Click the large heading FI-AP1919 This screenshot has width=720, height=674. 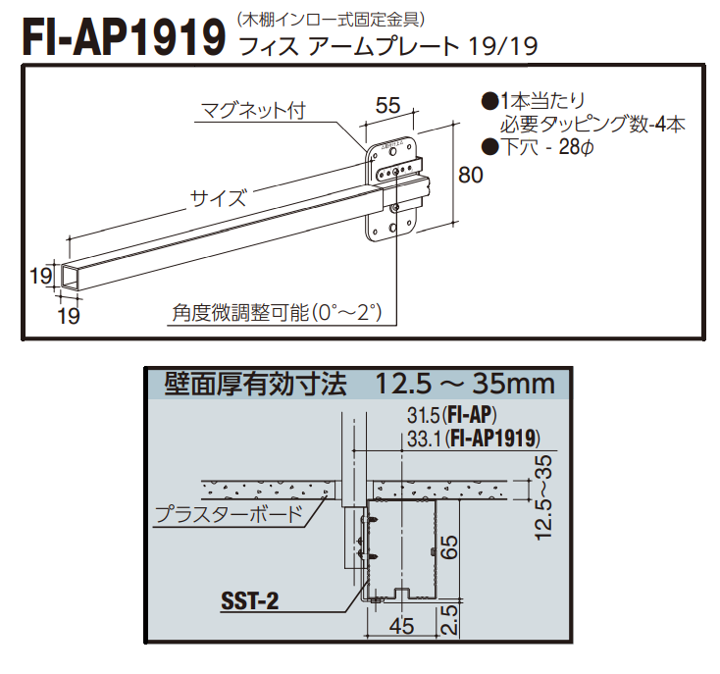[x=123, y=36]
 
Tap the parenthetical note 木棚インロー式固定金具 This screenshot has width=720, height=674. [x=330, y=16]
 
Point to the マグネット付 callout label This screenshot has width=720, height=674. [x=253, y=110]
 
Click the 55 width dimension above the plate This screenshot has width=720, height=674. [x=388, y=104]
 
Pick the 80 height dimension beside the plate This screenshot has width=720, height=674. [x=471, y=177]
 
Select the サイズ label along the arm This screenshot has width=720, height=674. [x=217, y=196]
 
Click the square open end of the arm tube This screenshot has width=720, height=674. [x=70, y=277]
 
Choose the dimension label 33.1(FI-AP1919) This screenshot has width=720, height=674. [x=473, y=439]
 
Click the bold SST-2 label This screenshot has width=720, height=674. [x=248, y=600]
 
